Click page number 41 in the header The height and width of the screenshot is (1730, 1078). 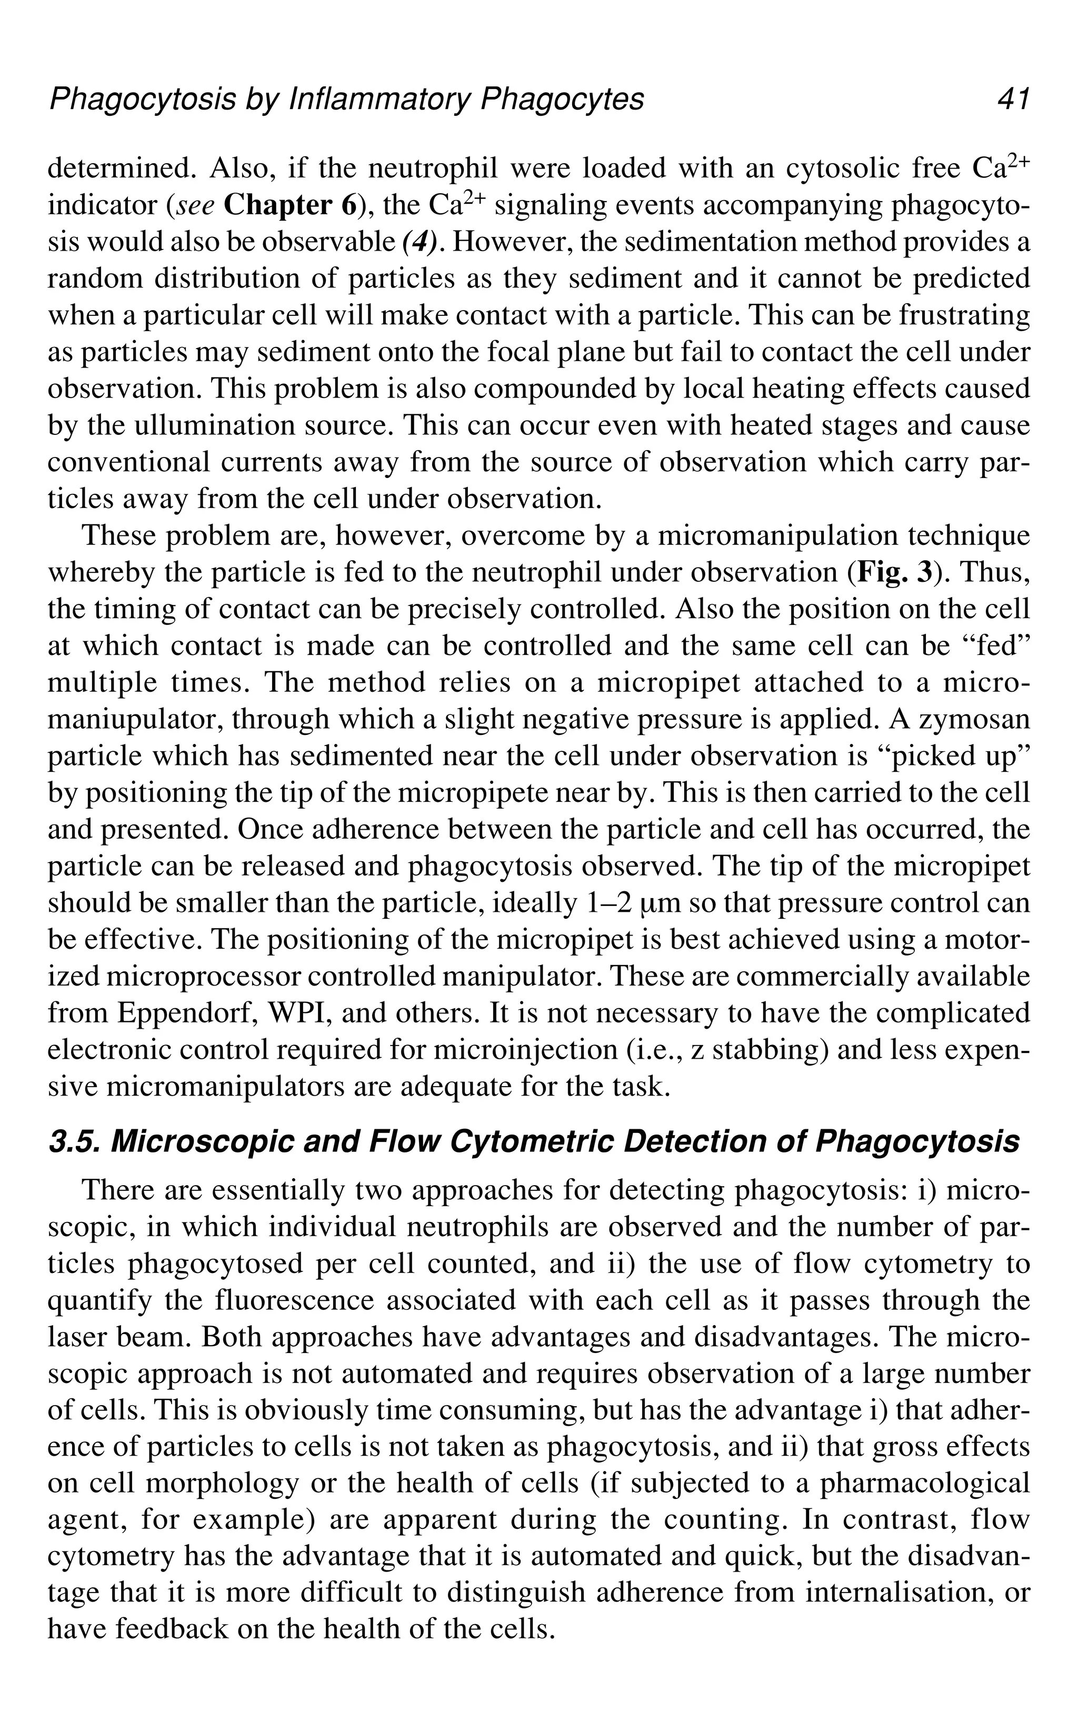click(x=1012, y=100)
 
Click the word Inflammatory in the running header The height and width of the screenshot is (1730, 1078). click(x=378, y=100)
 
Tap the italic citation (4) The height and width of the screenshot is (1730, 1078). click(x=420, y=243)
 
